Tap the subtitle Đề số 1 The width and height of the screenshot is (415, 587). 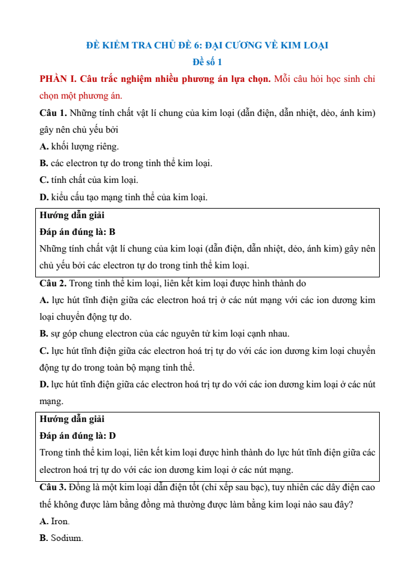208,62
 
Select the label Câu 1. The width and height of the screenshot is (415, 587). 53,112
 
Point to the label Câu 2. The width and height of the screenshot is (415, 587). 53,283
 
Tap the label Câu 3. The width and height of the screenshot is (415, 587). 53,487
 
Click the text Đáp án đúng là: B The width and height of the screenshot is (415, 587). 77,231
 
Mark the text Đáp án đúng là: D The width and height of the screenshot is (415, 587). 78,436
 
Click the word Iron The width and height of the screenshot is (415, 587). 60,521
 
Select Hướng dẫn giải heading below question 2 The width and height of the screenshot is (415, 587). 72,419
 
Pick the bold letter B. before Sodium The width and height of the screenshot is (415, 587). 44,538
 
